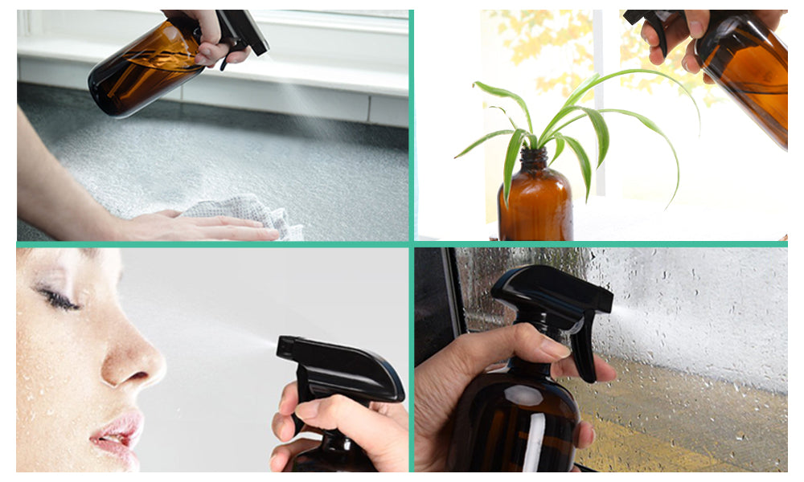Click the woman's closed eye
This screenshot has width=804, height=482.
tap(59, 300)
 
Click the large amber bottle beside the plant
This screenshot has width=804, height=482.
tap(748, 80)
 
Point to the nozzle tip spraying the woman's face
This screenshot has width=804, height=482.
tap(281, 346)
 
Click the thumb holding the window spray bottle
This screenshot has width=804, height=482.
tap(515, 345)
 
